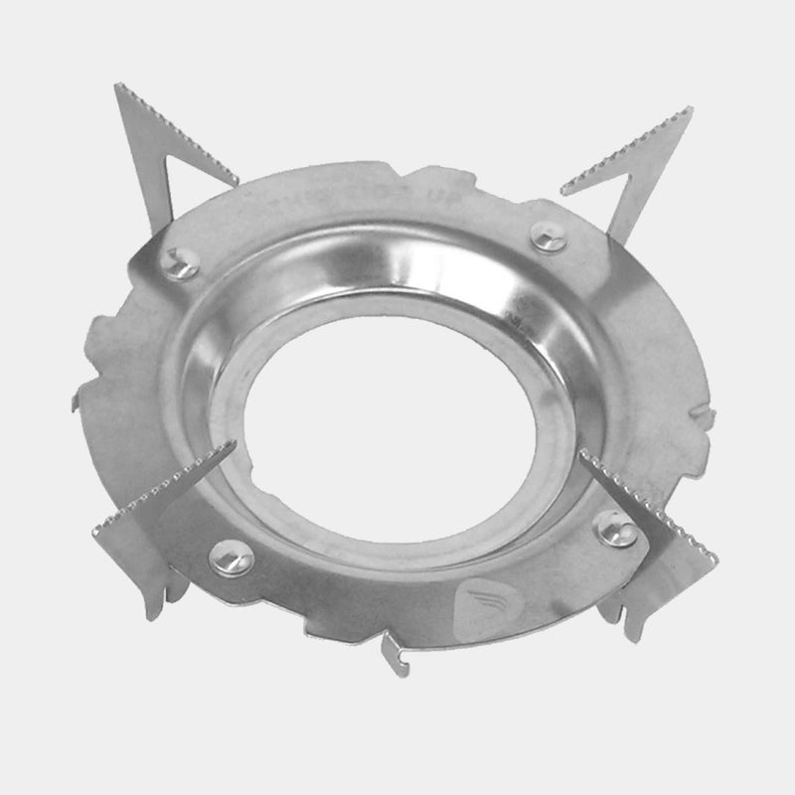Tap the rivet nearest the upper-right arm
(548, 237)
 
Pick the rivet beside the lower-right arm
(616, 528)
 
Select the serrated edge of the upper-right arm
(626, 149)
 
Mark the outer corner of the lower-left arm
(97, 532)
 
